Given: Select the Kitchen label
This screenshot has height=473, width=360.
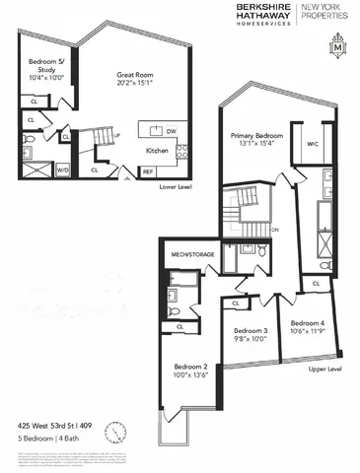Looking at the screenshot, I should click(158, 152).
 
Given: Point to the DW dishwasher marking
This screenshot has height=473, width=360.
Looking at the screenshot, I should click(172, 130).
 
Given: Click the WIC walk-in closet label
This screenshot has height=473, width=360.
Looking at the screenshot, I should click(313, 144).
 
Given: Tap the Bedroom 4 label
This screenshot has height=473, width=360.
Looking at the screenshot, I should click(306, 323).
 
